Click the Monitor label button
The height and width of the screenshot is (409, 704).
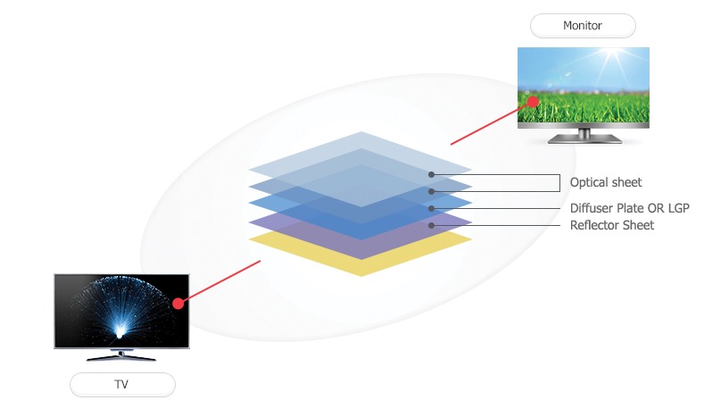click(x=583, y=25)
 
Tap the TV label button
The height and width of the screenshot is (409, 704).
click(x=122, y=385)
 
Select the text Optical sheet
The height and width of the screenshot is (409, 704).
click(x=606, y=183)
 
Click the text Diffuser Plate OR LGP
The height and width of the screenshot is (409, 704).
click(x=630, y=208)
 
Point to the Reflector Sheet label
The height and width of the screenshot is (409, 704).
click(x=612, y=225)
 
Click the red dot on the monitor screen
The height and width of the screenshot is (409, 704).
click(x=533, y=101)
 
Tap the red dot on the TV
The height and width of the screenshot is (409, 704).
click(x=178, y=304)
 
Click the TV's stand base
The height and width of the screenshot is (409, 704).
click(x=122, y=356)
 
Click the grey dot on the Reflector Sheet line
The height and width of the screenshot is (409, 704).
click(x=432, y=225)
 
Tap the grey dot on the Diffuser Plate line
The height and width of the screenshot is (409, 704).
click(x=432, y=208)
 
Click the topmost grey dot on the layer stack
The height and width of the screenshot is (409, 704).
click(x=432, y=174)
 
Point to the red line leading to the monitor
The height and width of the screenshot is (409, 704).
click(x=491, y=121)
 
